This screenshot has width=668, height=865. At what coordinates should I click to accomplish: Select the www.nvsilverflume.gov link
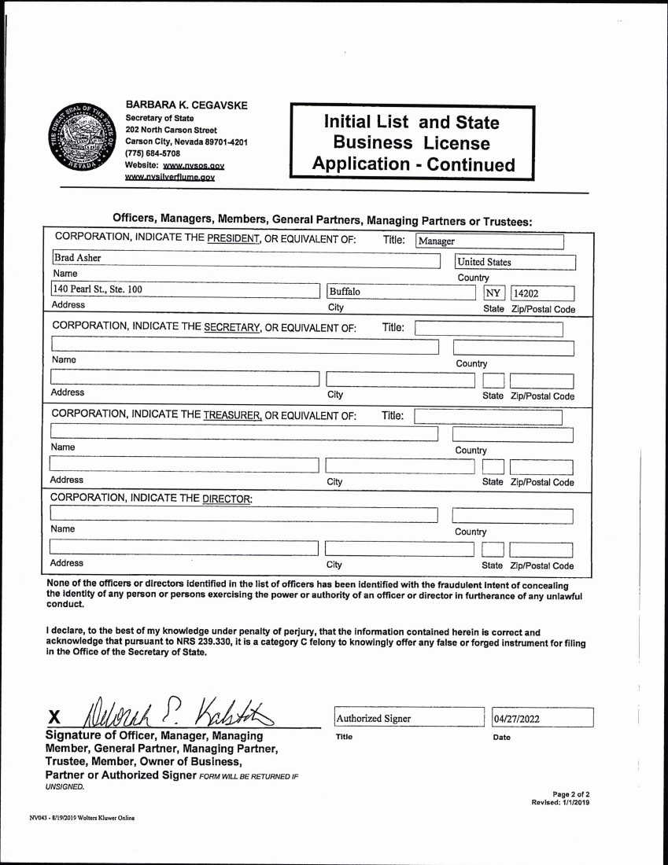(170, 178)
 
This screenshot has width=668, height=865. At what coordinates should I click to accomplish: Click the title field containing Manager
(489, 241)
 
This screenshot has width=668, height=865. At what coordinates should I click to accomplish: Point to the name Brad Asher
(77, 258)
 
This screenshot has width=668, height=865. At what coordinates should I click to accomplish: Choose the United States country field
(515, 263)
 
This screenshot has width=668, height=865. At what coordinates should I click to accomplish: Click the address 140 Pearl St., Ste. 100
(98, 289)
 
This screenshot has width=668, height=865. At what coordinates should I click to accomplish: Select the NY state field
(493, 294)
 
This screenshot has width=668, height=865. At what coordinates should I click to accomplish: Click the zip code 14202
(542, 294)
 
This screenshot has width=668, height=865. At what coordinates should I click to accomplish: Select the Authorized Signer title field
(408, 718)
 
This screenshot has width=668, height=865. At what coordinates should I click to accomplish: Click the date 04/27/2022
(543, 718)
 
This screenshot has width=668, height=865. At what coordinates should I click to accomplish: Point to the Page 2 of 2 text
(570, 793)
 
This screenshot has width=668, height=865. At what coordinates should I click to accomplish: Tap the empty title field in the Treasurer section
(488, 416)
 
